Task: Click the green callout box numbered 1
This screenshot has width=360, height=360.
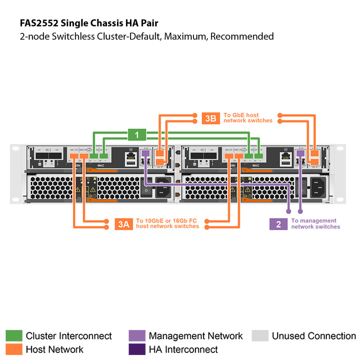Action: click(x=137, y=134)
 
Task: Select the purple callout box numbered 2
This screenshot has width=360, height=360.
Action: click(x=279, y=224)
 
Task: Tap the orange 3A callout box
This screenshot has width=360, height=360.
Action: click(x=123, y=224)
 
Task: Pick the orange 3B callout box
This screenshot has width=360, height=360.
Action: click(x=211, y=118)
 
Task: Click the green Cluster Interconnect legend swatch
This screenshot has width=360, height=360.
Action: click(x=13, y=336)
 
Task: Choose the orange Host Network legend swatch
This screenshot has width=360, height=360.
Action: click(x=13, y=349)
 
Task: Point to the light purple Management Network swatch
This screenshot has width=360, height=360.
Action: click(x=137, y=336)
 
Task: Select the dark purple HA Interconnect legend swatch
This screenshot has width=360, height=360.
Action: click(x=137, y=349)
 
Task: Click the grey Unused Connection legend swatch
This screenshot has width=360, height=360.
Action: click(x=260, y=336)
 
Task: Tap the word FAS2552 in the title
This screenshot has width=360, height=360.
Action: click(x=38, y=22)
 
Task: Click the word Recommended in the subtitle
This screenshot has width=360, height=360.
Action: click(x=242, y=36)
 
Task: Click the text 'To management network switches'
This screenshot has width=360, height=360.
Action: click(x=315, y=224)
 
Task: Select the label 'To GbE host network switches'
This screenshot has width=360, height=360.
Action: click(x=247, y=118)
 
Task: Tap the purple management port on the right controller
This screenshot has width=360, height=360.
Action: click(x=300, y=153)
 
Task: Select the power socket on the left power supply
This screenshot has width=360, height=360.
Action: click(x=163, y=185)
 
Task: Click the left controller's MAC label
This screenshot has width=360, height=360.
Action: click(x=101, y=166)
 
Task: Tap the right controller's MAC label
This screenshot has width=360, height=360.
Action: click(x=256, y=166)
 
